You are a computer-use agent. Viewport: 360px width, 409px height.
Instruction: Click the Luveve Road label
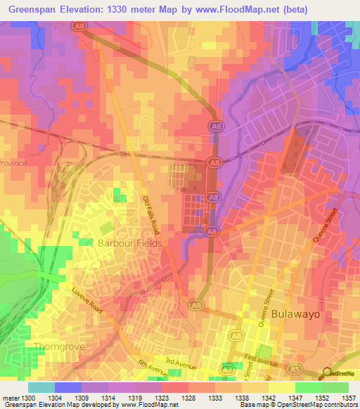(86, 301)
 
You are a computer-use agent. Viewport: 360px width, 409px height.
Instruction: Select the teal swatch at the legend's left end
(41, 387)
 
